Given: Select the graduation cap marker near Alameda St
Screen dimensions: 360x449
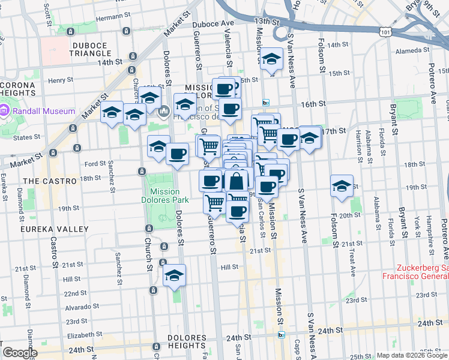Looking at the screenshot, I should pyautogui.click(x=272, y=59).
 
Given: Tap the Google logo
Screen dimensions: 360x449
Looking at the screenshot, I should pyautogui.click(x=20, y=353).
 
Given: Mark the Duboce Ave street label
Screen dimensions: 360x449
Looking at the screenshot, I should pyautogui.click(x=212, y=23).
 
